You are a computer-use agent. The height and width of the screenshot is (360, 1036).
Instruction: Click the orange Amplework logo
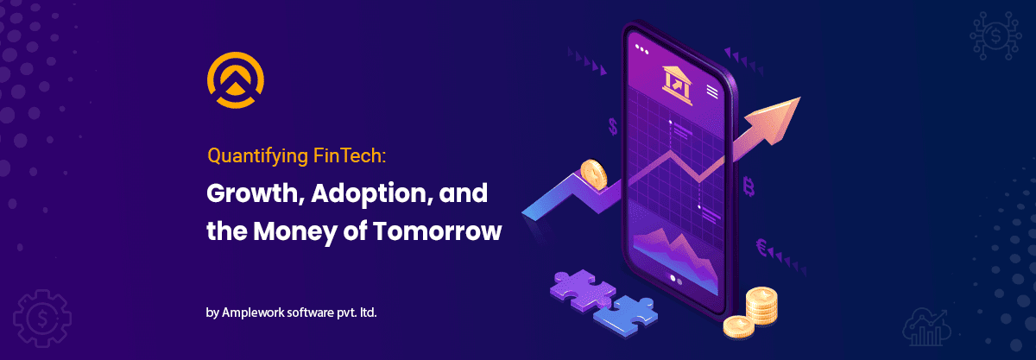tap(235, 82)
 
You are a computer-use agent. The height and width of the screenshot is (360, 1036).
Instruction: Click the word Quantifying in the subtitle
tap(250, 157)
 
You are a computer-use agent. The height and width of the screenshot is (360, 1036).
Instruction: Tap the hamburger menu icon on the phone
tap(712, 91)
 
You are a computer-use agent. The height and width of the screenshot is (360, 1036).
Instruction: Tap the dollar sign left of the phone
tap(613, 127)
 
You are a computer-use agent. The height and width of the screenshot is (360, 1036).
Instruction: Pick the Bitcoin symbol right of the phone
tap(749, 185)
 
